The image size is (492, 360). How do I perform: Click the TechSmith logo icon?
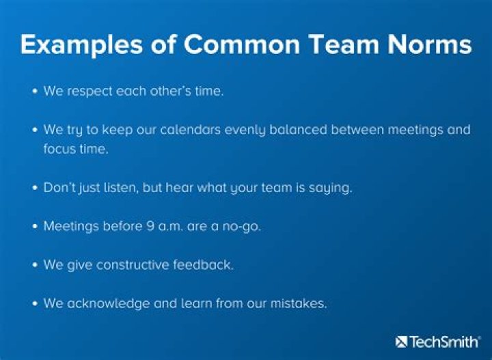click(401, 341)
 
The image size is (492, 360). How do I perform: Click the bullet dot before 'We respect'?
click(35, 91)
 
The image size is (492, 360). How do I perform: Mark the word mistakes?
click(299, 303)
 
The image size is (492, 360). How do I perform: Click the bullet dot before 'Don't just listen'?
click(35, 188)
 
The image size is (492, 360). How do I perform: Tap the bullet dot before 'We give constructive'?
click(35, 265)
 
